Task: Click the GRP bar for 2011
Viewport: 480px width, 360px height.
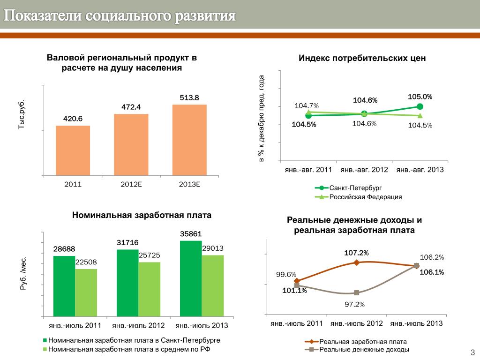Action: (x=73, y=150)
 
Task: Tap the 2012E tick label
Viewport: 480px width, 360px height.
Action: (x=131, y=184)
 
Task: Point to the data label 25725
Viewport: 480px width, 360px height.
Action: (x=150, y=255)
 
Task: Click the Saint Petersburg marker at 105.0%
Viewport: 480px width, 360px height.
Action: (x=420, y=107)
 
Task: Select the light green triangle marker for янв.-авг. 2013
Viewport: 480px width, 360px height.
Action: (x=420, y=115)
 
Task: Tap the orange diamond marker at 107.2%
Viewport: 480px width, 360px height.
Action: (x=357, y=262)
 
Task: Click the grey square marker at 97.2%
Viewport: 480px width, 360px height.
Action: (x=357, y=292)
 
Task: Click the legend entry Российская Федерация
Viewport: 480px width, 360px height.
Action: (x=365, y=197)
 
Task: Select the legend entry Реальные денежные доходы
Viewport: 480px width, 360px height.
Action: (x=364, y=350)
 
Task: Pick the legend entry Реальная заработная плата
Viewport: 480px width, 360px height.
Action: (x=362, y=342)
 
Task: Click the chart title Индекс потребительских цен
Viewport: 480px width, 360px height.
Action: (x=362, y=59)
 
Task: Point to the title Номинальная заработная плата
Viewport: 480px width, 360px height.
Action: (x=142, y=215)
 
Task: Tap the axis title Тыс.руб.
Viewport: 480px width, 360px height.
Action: (x=21, y=115)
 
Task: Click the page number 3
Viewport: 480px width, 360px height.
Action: (x=472, y=352)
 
